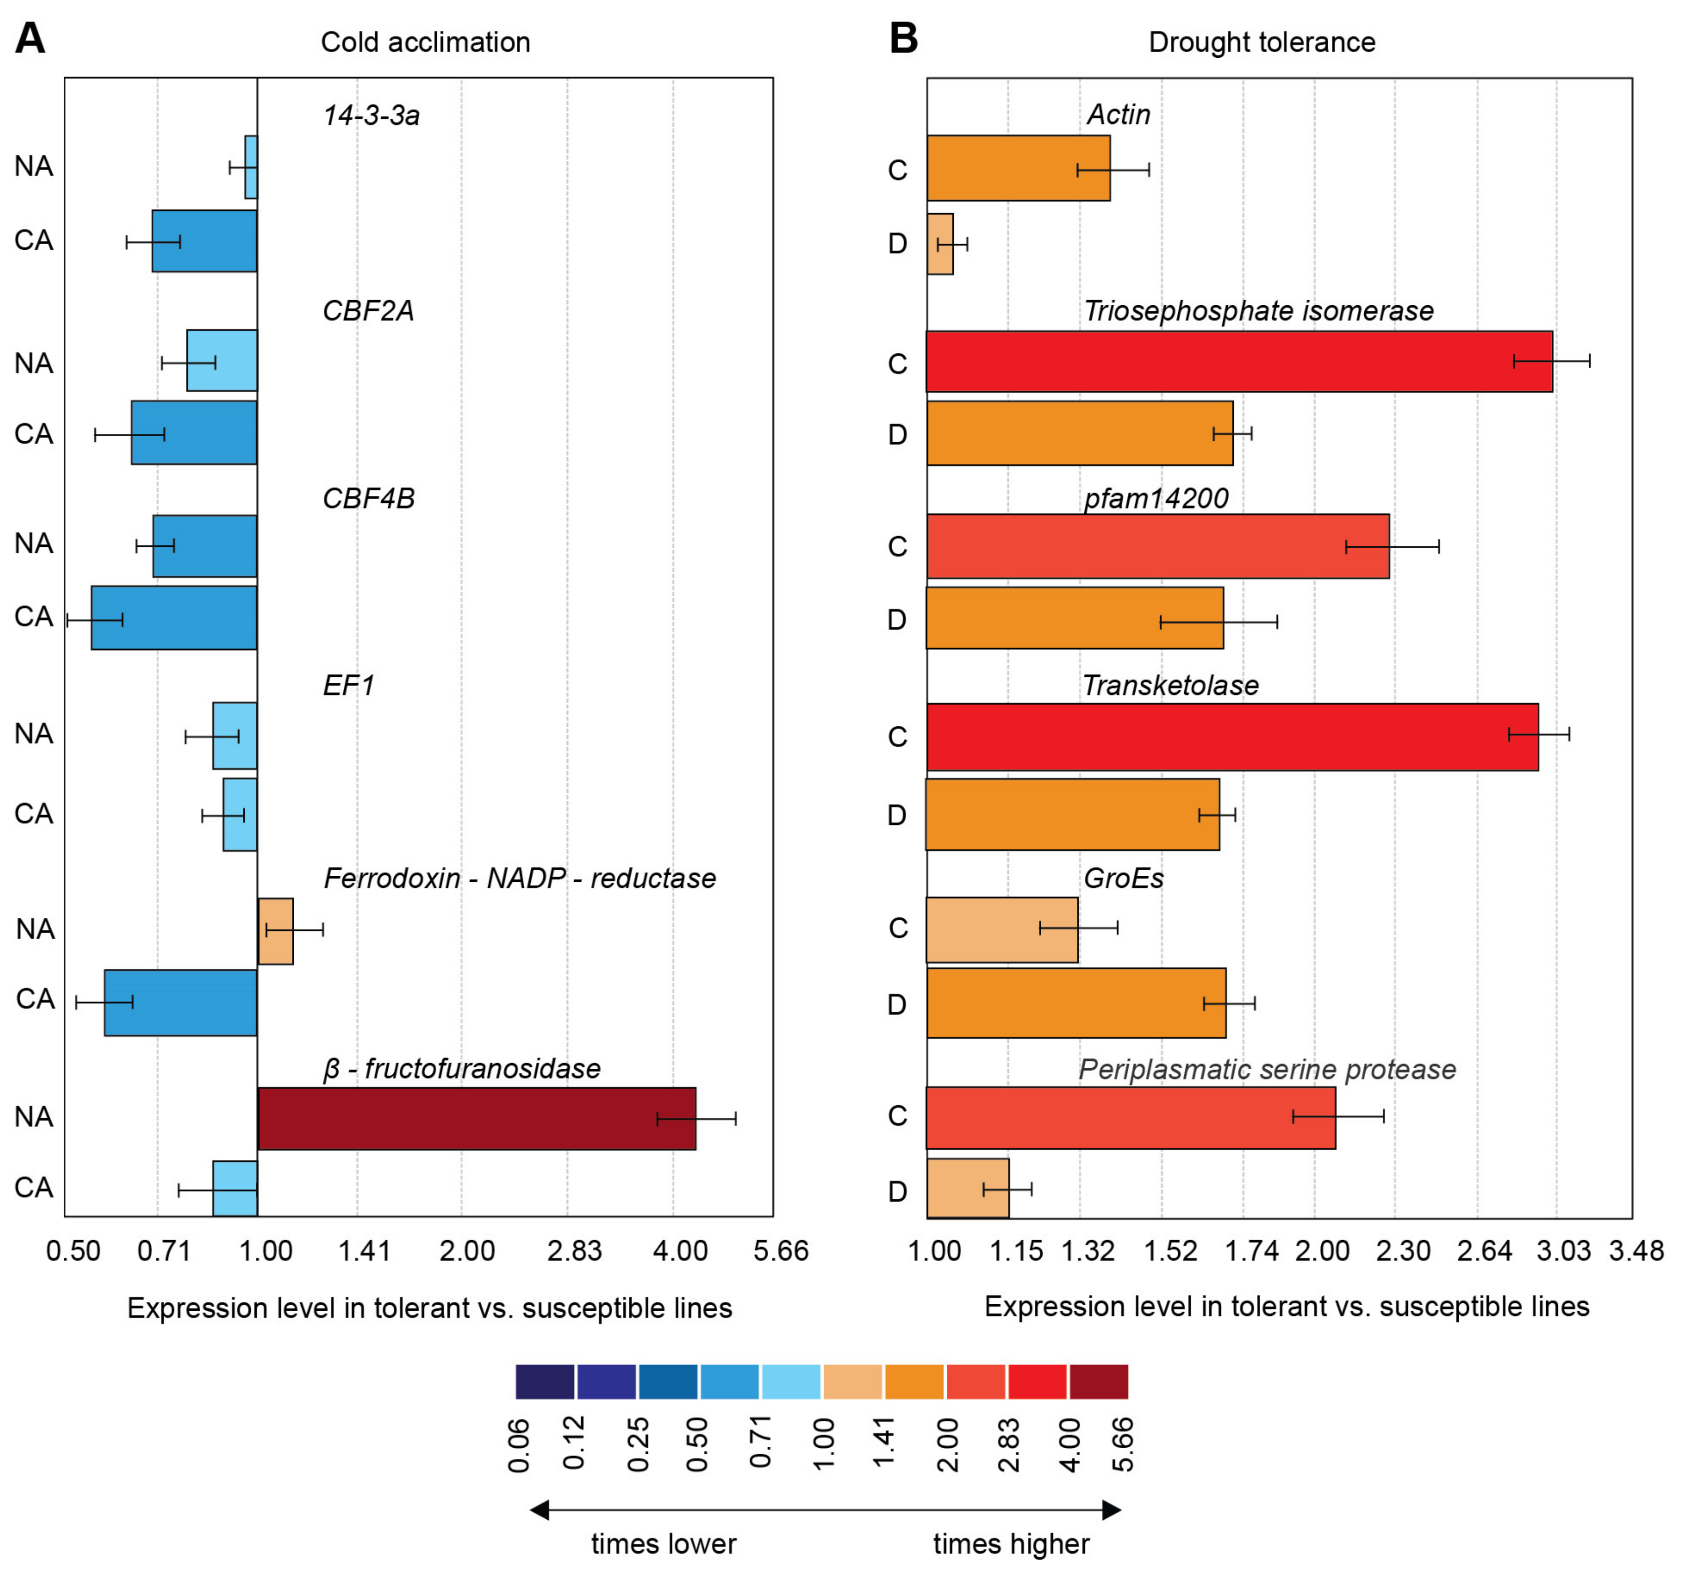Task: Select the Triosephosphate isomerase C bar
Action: click(x=1239, y=361)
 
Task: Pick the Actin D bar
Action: click(x=940, y=243)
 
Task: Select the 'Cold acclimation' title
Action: click(x=425, y=42)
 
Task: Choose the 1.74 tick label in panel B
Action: click(x=1252, y=1251)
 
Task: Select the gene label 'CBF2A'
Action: click(x=368, y=311)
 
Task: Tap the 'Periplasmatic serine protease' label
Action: click(x=1267, y=1070)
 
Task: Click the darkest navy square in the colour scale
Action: click(x=544, y=1382)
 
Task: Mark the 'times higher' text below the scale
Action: click(x=1011, y=1544)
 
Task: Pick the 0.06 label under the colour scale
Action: click(x=519, y=1446)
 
